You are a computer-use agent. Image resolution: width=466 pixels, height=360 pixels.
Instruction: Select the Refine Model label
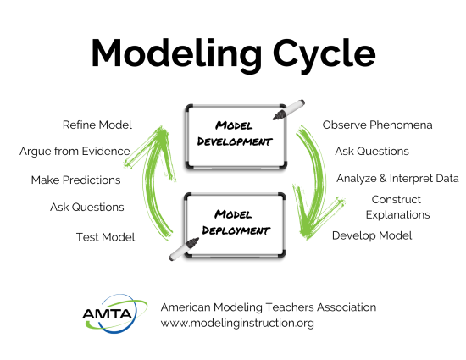pyautogui.click(x=97, y=125)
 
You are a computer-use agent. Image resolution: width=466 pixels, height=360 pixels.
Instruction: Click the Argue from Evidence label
pyautogui.click(x=75, y=152)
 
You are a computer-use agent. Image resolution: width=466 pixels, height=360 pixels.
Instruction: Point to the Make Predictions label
pyautogui.click(x=75, y=180)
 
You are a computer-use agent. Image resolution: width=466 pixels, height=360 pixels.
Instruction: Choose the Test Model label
pyautogui.click(x=105, y=236)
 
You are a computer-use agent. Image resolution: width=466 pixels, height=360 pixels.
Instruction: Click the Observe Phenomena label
pyautogui.click(x=377, y=125)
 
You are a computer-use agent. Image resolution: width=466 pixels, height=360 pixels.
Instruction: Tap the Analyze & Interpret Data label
pyautogui.click(x=397, y=179)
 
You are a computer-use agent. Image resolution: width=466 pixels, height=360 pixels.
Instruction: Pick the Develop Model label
pyautogui.click(x=372, y=235)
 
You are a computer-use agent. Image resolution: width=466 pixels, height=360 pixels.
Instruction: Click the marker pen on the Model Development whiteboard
pyautogui.click(x=289, y=109)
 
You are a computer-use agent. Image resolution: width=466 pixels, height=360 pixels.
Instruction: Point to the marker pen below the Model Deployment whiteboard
pyautogui.click(x=181, y=247)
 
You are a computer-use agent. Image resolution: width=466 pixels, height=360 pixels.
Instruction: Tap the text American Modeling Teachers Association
pyautogui.click(x=269, y=307)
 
